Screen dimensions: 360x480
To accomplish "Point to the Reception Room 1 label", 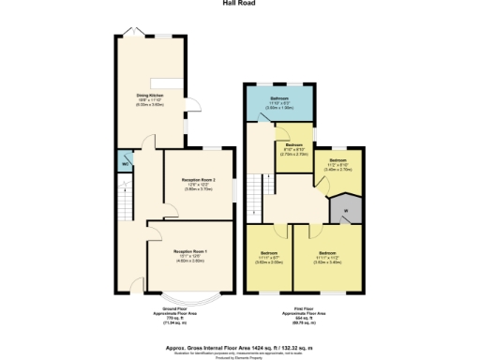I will pyautogui.click(x=189, y=250).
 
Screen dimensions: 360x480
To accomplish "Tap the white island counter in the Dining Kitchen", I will pyautogui.click(x=172, y=82).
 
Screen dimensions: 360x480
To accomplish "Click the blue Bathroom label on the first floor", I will pyautogui.click(x=279, y=100).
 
